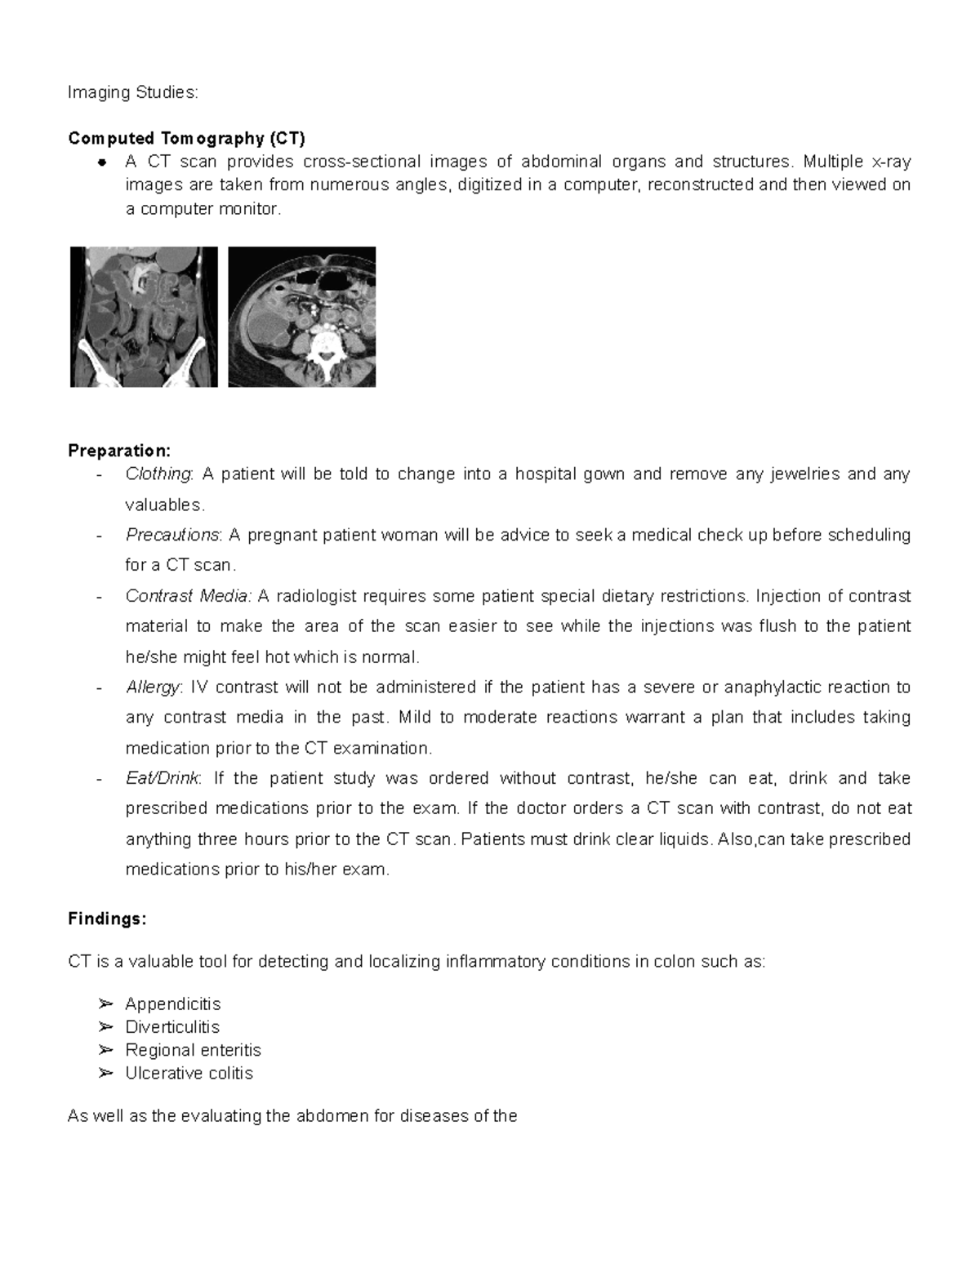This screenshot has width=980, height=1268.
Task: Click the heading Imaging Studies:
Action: pyautogui.click(x=133, y=92)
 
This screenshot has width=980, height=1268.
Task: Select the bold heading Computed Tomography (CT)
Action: pyautogui.click(x=186, y=138)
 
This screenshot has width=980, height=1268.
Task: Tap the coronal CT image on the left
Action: pyautogui.click(x=144, y=317)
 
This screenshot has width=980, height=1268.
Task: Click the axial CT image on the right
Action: pyautogui.click(x=301, y=317)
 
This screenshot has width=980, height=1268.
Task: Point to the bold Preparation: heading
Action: pyautogui.click(x=119, y=451)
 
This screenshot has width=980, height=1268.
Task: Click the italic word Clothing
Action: pyautogui.click(x=158, y=474)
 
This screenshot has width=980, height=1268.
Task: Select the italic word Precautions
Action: pyautogui.click(x=172, y=536)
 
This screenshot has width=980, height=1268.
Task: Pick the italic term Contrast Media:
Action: pyautogui.click(x=189, y=596)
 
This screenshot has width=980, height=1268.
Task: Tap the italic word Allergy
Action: pyautogui.click(x=152, y=687)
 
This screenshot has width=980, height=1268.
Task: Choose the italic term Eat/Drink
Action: pyautogui.click(x=162, y=778)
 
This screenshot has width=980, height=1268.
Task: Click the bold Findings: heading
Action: pyautogui.click(x=107, y=919)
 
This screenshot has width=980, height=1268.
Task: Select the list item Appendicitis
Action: pyautogui.click(x=172, y=1003)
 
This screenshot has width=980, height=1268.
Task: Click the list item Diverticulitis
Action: pyautogui.click(x=171, y=1027)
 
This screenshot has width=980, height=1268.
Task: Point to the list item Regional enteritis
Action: pyautogui.click(x=193, y=1050)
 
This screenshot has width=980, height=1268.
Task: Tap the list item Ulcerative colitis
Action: pyautogui.click(x=189, y=1073)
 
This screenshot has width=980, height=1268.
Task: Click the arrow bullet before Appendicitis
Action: pyautogui.click(x=104, y=1003)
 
